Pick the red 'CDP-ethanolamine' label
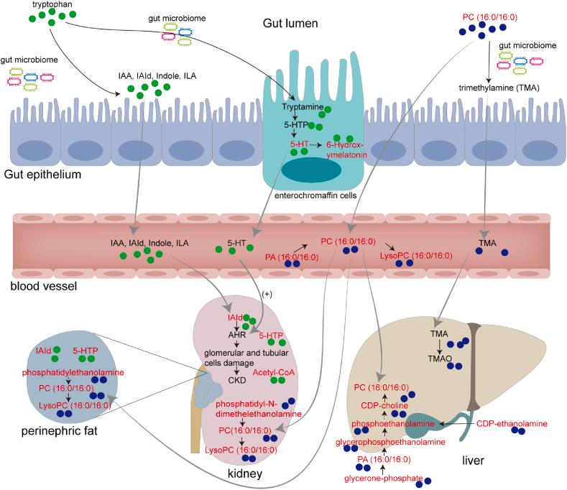click(512, 424)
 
